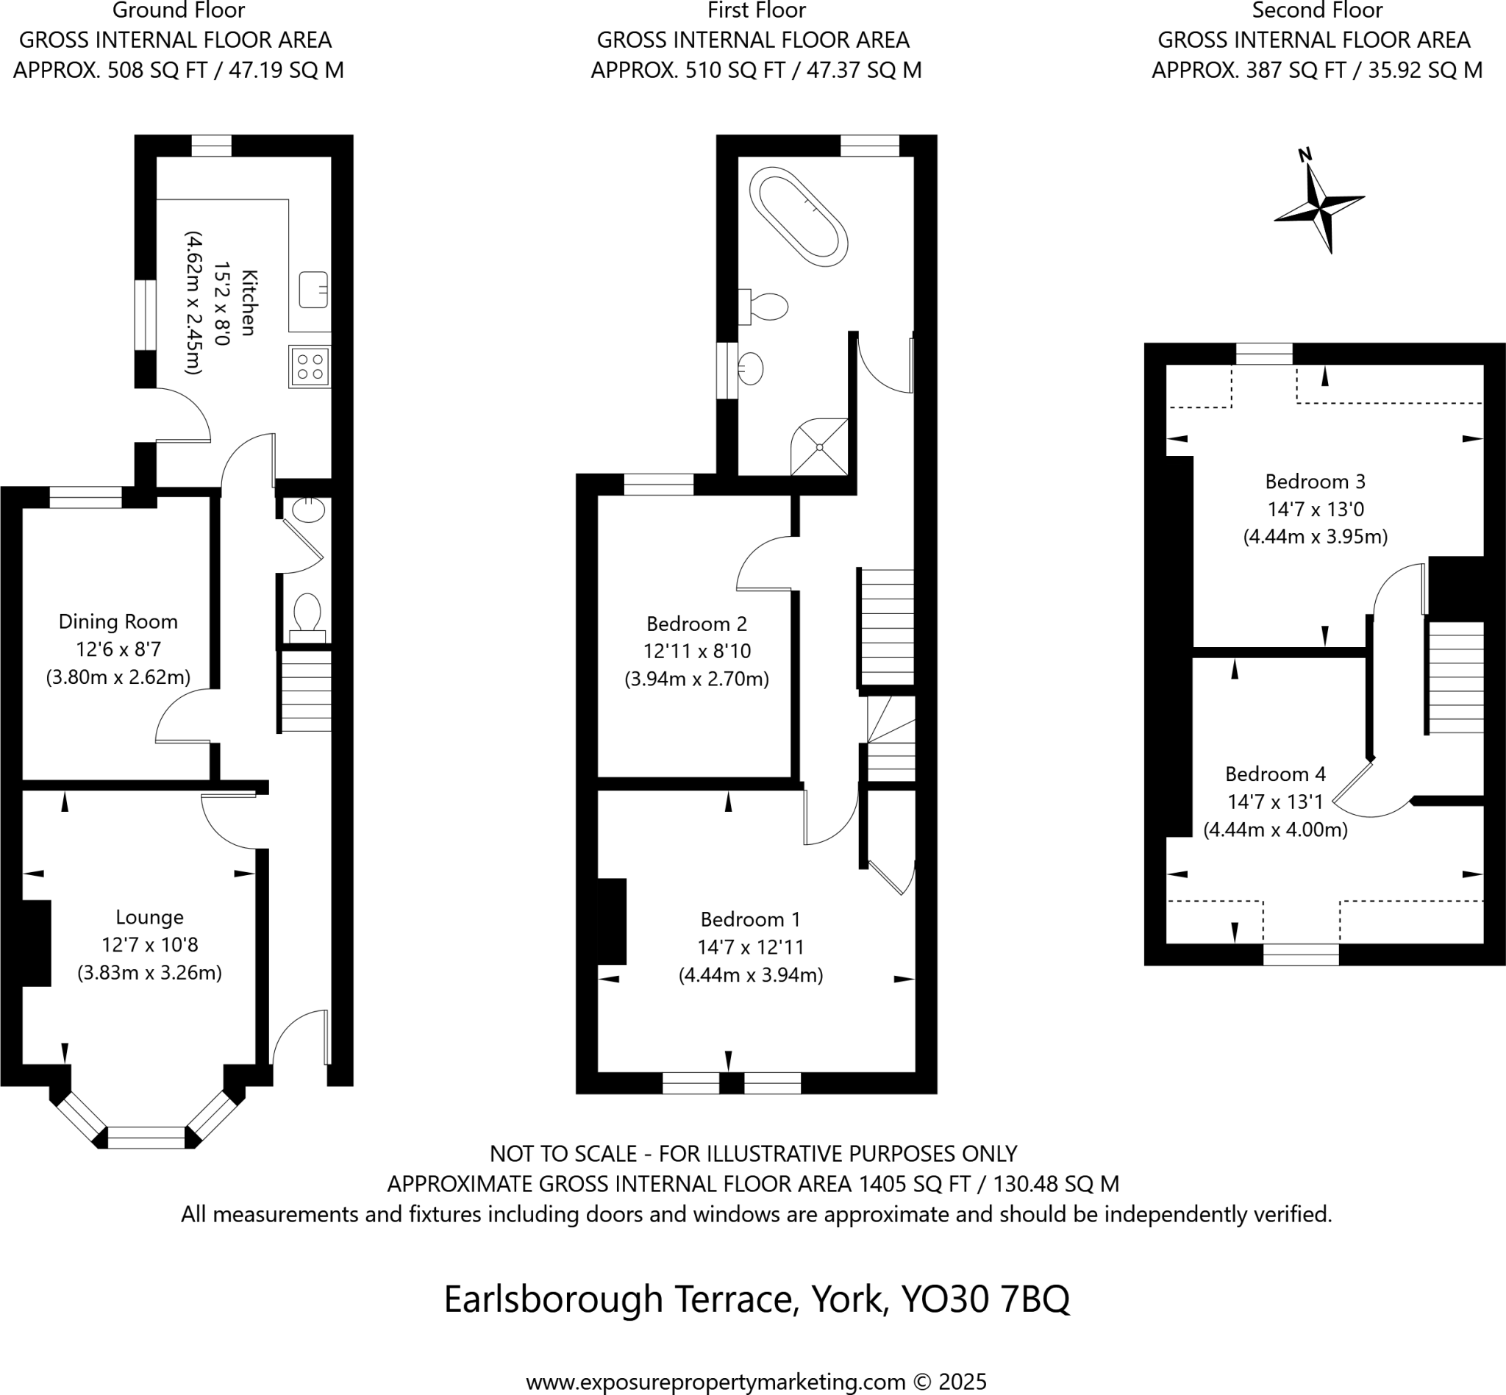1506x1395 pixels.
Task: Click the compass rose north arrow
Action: (x=1319, y=202)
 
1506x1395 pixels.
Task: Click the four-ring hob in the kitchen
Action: (x=310, y=367)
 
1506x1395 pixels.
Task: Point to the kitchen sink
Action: (x=313, y=290)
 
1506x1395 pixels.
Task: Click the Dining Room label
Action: (x=118, y=622)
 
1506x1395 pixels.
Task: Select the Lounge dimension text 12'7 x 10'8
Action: (x=149, y=945)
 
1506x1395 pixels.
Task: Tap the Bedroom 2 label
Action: (x=697, y=624)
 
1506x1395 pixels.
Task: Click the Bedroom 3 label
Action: (x=1315, y=482)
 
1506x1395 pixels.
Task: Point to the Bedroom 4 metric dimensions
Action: (x=1275, y=830)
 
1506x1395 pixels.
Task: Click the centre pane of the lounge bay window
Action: (x=146, y=1138)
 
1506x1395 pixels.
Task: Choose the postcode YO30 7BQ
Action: (x=985, y=1299)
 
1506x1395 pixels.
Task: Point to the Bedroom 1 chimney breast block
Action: (x=613, y=921)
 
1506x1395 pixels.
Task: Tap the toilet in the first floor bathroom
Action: (x=766, y=307)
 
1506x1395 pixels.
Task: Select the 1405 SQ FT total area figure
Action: (x=914, y=1184)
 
